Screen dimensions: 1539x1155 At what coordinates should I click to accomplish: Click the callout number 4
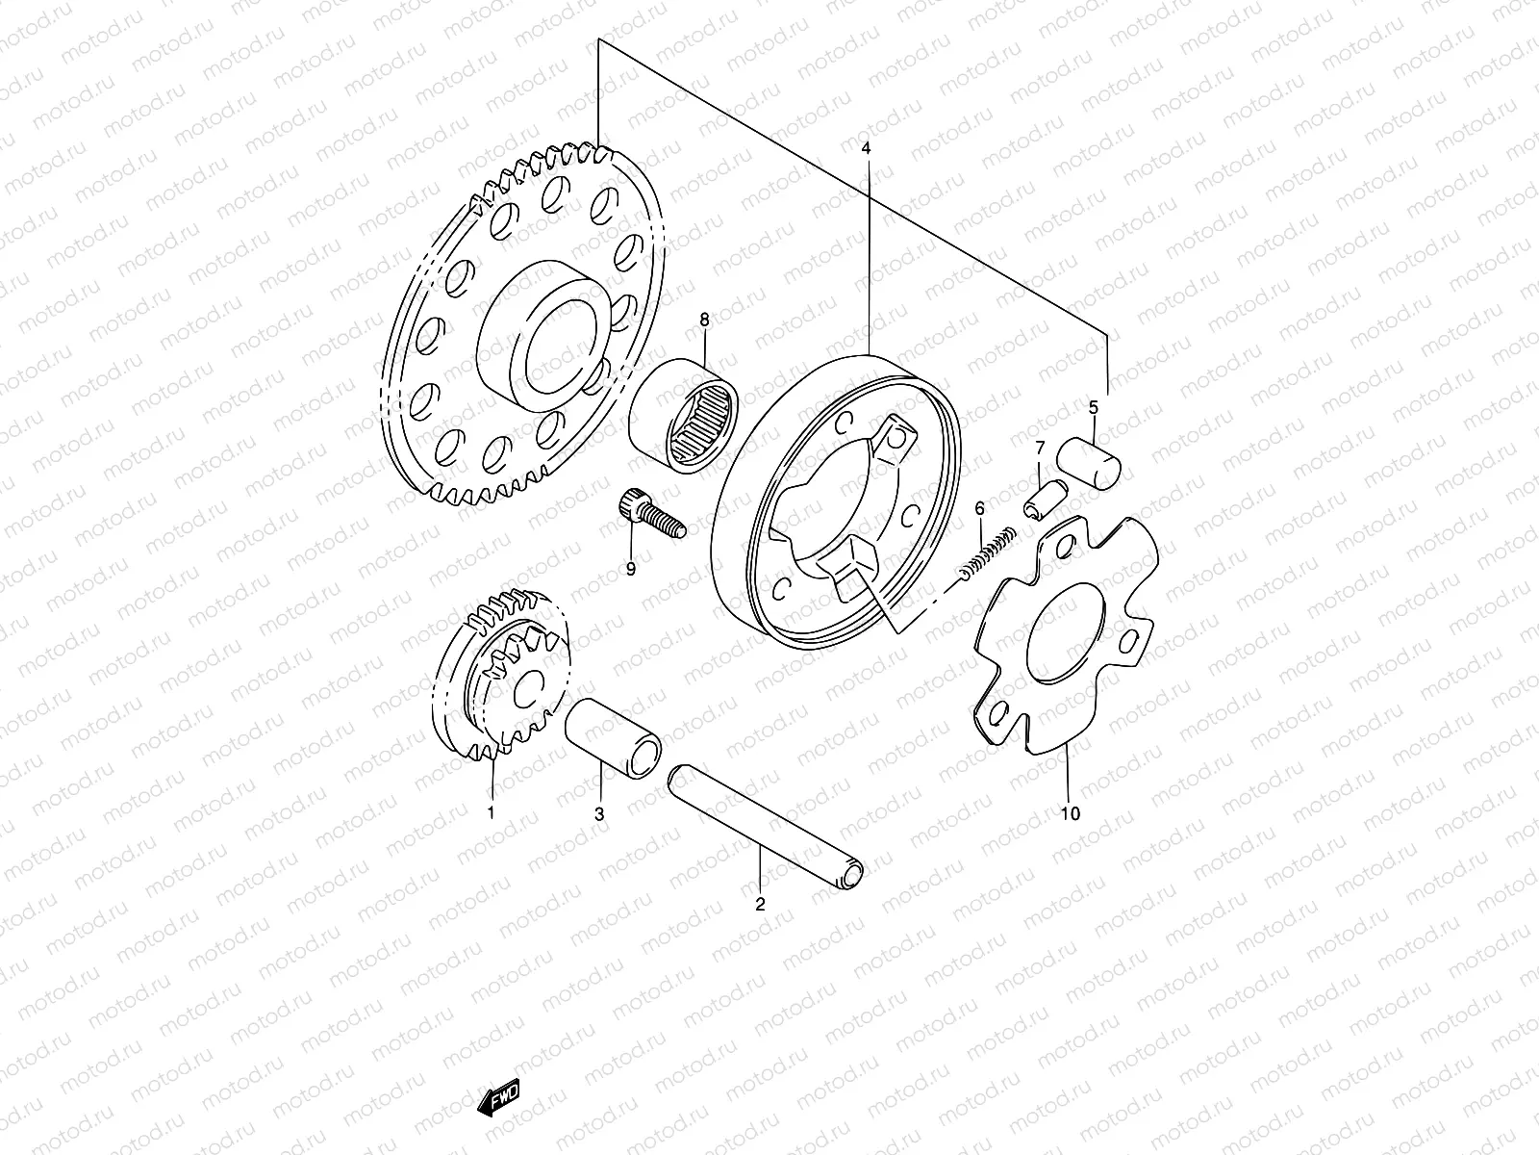pyautogui.click(x=866, y=148)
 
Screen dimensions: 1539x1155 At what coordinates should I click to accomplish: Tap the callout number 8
pyautogui.click(x=705, y=320)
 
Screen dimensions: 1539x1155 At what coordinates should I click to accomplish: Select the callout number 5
pyautogui.click(x=1093, y=407)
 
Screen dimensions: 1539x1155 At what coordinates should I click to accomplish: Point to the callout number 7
pyautogui.click(x=1040, y=448)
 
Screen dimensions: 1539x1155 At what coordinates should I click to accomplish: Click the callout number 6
pyautogui.click(x=979, y=508)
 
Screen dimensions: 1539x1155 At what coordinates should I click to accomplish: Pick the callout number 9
pyautogui.click(x=631, y=570)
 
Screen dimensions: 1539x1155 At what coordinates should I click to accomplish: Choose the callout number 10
pyautogui.click(x=1071, y=813)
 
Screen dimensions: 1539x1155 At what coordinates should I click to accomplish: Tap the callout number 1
pyautogui.click(x=491, y=812)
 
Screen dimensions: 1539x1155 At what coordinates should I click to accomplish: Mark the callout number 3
pyautogui.click(x=599, y=814)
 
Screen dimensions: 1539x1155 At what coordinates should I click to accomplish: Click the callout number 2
pyautogui.click(x=760, y=905)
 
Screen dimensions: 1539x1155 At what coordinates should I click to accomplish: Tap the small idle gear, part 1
pyautogui.click(x=502, y=676)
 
